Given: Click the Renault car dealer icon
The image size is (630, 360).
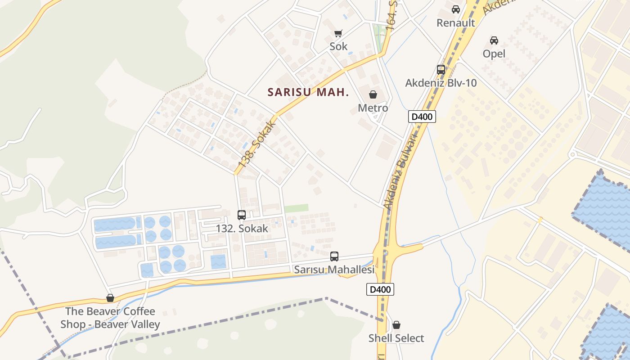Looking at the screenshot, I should click(455, 9).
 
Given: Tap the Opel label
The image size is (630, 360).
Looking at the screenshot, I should click(494, 54).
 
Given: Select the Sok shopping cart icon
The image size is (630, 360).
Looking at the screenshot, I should click(338, 33).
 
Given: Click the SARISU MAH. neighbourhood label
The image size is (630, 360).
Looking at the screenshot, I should click(308, 92).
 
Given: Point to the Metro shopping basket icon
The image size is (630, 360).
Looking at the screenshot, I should click(373, 94).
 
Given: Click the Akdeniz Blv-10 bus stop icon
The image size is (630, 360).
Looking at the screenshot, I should click(441, 70).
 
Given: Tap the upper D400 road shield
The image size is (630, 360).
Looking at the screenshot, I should click(422, 117).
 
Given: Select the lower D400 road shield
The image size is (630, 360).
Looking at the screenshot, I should click(380, 289).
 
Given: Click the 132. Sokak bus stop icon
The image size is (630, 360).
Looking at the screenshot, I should click(242, 215).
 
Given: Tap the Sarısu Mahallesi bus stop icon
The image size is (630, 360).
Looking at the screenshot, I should click(334, 256).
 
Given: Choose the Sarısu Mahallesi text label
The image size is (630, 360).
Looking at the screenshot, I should click(334, 270).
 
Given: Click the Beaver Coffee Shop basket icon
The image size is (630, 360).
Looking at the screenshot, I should click(110, 298).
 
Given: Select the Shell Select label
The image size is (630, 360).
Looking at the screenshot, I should click(396, 338).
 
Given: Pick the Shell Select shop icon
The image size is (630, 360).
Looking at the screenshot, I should click(396, 325).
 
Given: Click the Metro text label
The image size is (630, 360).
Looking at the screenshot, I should click(373, 108).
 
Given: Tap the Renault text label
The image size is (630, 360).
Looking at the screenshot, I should click(456, 23).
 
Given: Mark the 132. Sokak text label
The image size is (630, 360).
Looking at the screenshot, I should click(242, 228).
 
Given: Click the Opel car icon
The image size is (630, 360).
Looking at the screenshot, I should click(494, 40).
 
